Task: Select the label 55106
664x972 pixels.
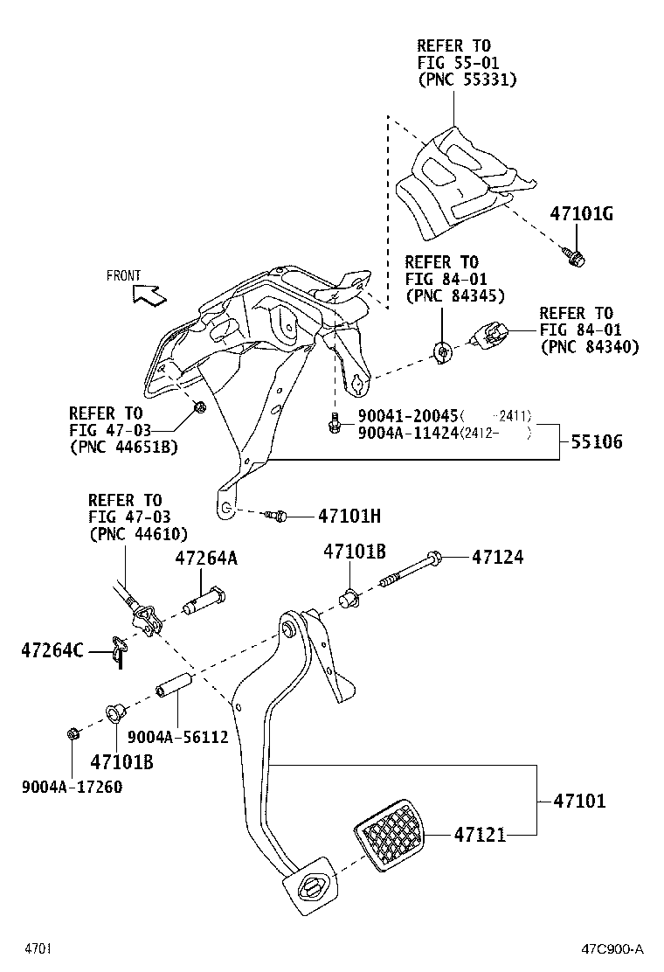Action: [x=598, y=442]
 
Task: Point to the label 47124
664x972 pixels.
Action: [x=498, y=557]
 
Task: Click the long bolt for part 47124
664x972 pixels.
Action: [x=411, y=568]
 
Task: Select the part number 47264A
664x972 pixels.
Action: [x=205, y=558]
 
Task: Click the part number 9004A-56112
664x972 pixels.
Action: [x=177, y=737]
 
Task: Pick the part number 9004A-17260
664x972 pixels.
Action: [x=72, y=787]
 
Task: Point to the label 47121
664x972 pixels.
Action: [x=480, y=836]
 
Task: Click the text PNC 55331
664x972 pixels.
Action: [x=467, y=79]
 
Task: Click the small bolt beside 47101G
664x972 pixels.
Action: [x=574, y=255]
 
